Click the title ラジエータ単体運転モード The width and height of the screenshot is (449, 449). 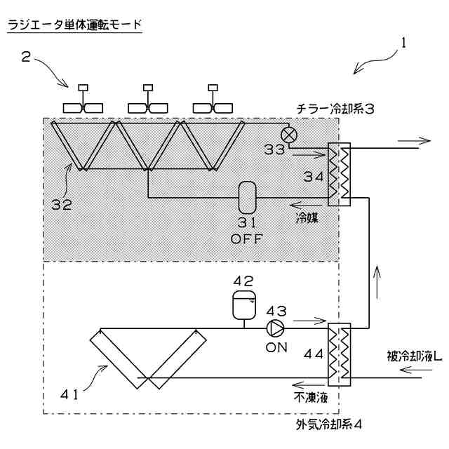74,25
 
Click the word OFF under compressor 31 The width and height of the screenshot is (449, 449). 246,238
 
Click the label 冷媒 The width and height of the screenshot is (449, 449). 307,218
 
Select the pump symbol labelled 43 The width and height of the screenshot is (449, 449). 274,327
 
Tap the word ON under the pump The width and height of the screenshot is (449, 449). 276,346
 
